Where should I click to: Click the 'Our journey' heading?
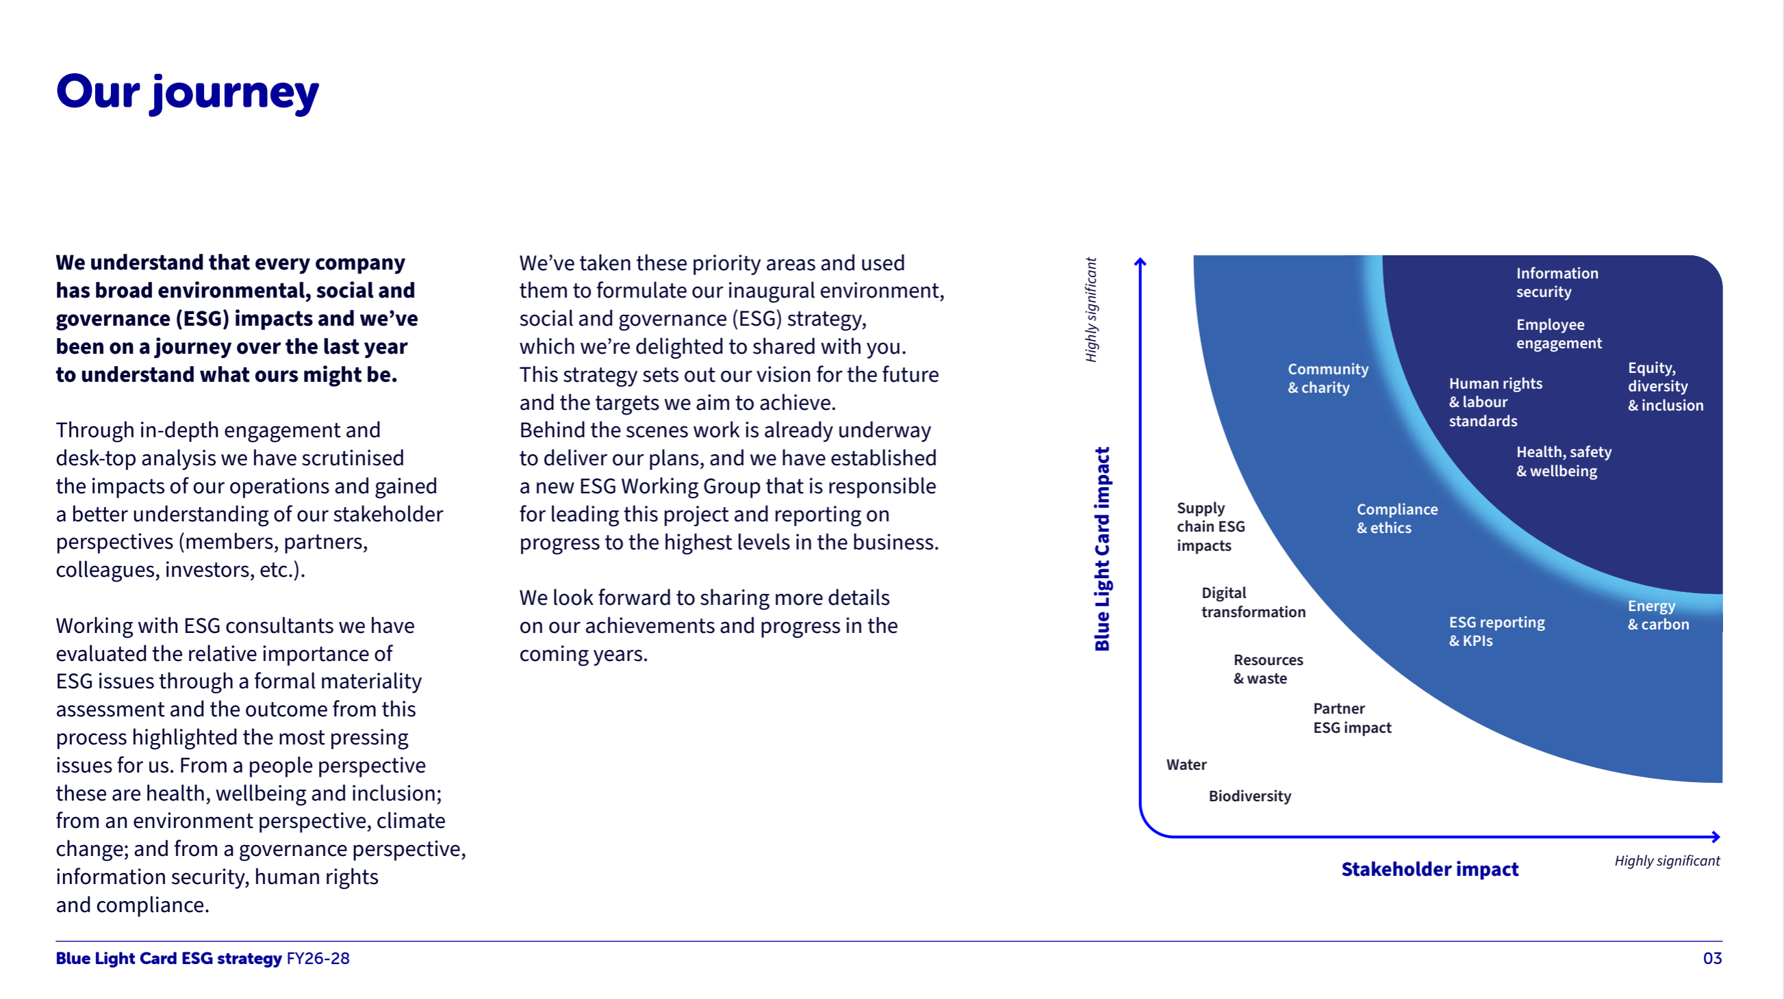pos(187,92)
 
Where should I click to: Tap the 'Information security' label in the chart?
pos(1556,283)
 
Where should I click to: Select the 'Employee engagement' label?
pos(1558,334)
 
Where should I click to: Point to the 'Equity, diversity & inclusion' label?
pos(1664,387)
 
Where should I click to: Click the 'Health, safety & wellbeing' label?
pos(1563,461)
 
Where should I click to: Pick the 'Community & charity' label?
pos(1327,378)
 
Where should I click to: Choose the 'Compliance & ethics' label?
pos(1396,518)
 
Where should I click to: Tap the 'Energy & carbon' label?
pos(1657,614)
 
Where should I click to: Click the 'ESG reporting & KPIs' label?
pos(1496,632)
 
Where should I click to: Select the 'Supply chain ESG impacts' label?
pos(1210,527)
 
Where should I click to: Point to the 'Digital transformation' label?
pos(1253,602)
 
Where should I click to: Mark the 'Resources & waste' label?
pos(1267,669)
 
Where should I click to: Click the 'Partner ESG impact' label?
pos(1351,718)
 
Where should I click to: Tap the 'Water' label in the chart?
pos(1186,764)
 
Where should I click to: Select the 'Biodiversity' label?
pos(1249,796)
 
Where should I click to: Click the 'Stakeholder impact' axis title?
pos(1429,869)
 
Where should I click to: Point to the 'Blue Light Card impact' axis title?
pos(1102,548)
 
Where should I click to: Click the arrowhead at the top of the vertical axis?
pos(1140,262)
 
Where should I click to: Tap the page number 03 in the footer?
pos(1711,958)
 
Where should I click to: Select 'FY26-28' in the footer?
pos(318,958)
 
